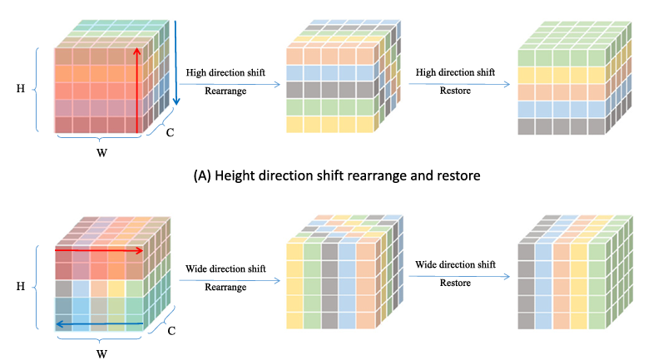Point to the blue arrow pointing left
point(100,325)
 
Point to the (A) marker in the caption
point(205,176)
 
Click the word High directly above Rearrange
point(198,73)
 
